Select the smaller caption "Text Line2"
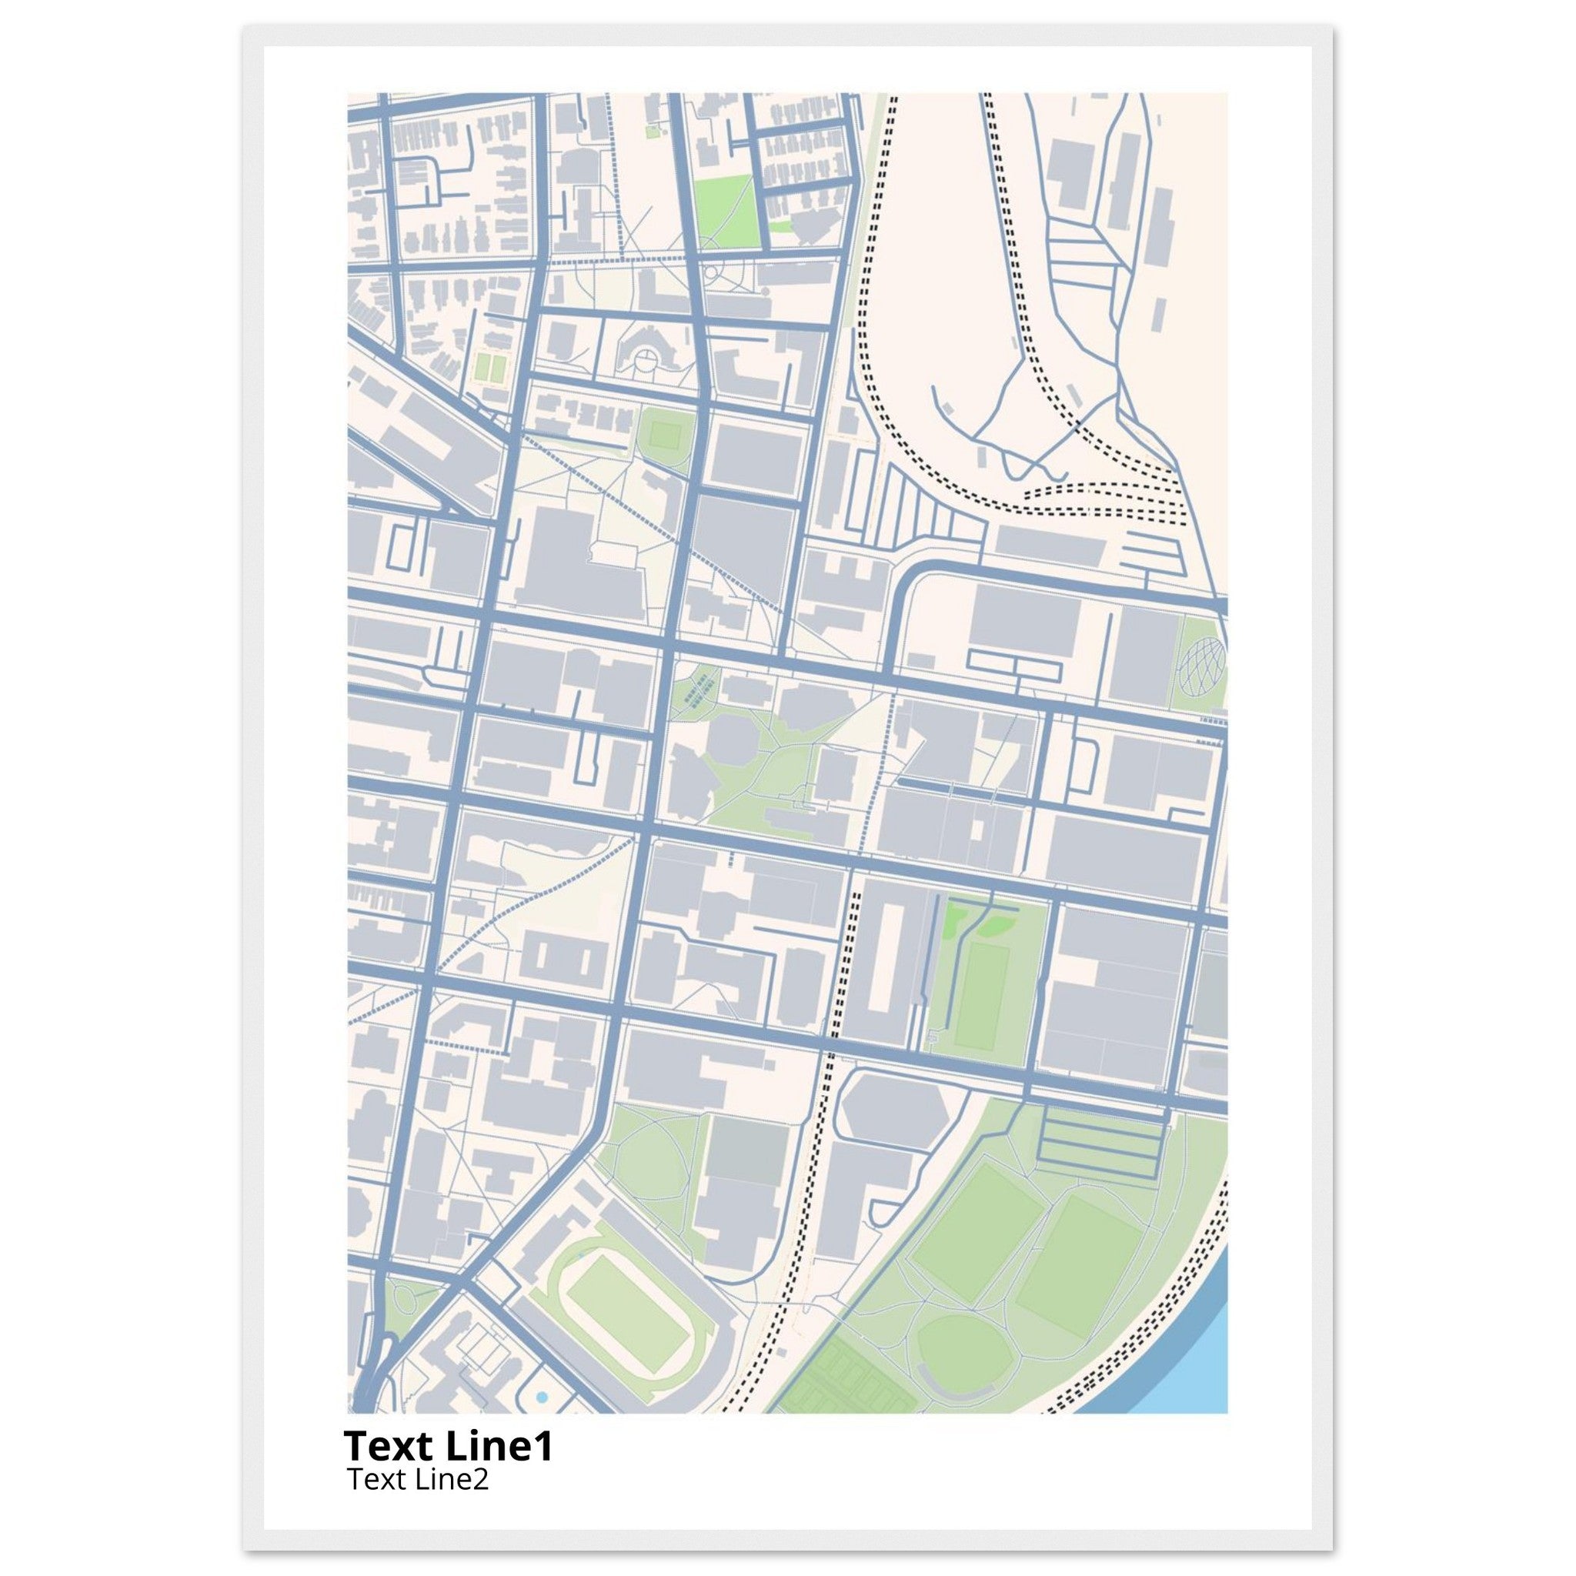[x=418, y=1479]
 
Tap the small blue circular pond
[x=542, y=1398]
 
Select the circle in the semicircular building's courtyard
[x=645, y=356]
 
